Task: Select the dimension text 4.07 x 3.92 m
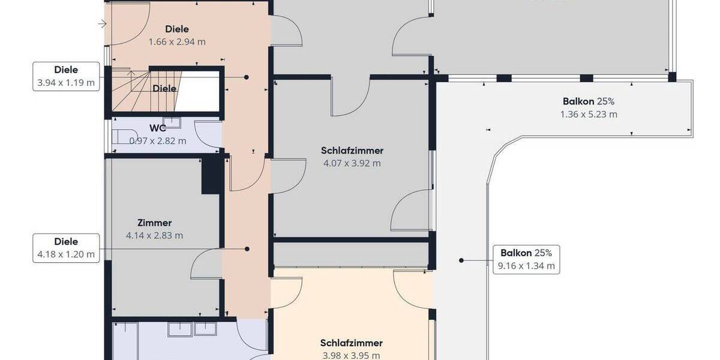352,163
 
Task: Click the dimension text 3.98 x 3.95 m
351,355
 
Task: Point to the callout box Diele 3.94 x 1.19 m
66,76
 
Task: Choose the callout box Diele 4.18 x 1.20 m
66,248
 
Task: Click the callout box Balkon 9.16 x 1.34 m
526,259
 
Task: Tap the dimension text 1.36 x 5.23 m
589,114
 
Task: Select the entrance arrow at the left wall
103,24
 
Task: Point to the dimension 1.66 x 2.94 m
177,42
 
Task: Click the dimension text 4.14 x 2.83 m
154,236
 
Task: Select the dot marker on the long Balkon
461,260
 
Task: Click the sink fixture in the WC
172,122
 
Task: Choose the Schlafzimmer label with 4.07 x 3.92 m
352,151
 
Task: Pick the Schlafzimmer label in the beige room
351,343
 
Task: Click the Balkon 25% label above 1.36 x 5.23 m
589,101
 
